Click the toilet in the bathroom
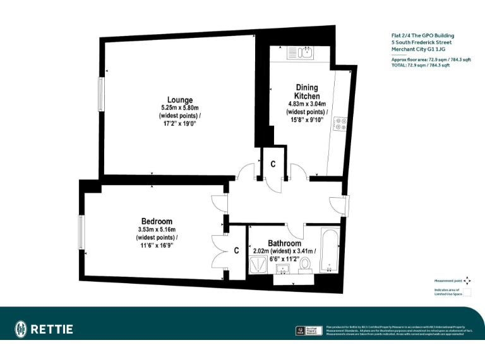pos(306,264)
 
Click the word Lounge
pos(180,100)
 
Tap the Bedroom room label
pos(157,221)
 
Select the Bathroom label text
pos(284,243)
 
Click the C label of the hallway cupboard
pos(273,164)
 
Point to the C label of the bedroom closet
pos(236,250)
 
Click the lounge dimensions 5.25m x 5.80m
pos(180,108)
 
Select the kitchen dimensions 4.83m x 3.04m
pos(307,104)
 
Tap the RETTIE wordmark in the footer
pos(52,329)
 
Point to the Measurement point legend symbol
pos(467,281)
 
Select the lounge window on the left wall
pos(100,95)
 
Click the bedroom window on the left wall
pos(81,232)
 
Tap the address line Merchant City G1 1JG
pos(418,49)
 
